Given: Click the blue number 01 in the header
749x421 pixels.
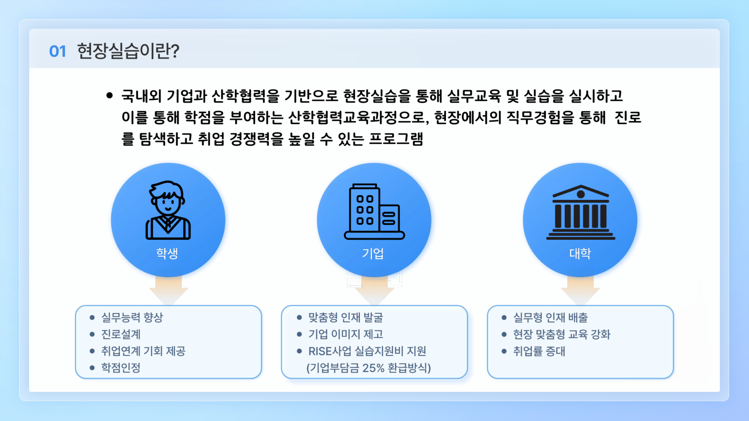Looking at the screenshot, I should (58, 51).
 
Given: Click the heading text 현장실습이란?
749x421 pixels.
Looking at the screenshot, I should (128, 51).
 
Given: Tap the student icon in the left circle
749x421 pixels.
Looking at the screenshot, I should (168, 210).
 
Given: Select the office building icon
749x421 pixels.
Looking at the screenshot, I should (374, 211).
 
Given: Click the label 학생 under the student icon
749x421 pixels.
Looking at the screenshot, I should (167, 253).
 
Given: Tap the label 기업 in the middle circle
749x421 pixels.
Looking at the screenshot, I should (373, 253).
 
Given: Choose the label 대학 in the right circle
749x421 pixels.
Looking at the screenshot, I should (580, 253).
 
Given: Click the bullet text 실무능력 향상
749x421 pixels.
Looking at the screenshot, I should (132, 317).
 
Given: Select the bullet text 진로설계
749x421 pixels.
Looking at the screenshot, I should (121, 334).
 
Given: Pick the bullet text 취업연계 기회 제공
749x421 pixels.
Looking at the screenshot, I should (143, 351).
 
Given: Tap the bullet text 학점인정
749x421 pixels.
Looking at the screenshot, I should (121, 368).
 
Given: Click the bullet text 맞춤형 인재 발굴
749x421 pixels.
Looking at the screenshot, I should (346, 317).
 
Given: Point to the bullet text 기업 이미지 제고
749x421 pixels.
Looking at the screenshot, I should (346, 334).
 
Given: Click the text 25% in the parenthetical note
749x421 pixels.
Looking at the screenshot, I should (373, 368).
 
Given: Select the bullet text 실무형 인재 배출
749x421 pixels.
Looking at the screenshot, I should (551, 317).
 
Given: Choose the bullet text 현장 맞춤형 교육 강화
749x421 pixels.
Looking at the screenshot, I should (562, 334).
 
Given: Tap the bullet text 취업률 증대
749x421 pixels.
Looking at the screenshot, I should (539, 351).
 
